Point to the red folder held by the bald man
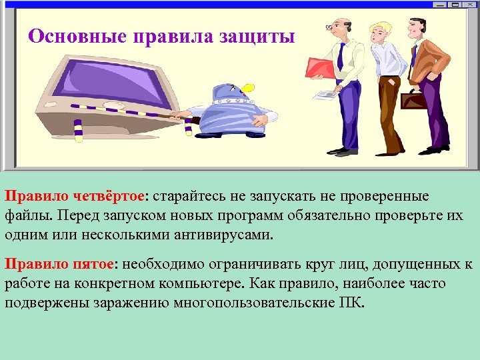pyautogui.click(x=321, y=68)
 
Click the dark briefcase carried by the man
pyautogui.click(x=415, y=101)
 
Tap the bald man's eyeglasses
pyautogui.click(x=331, y=28)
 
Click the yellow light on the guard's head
pyautogui.click(x=247, y=86)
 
